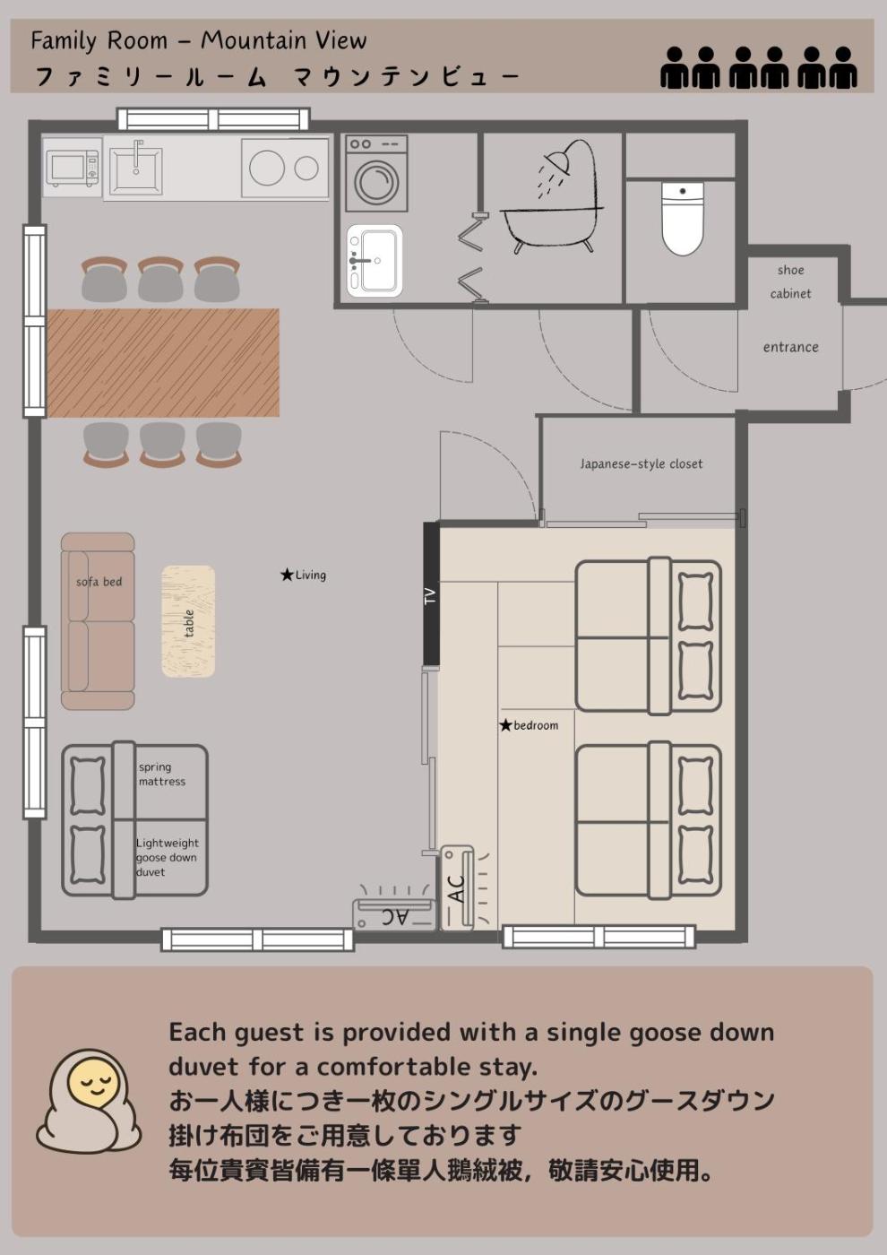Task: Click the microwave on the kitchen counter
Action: tap(73, 168)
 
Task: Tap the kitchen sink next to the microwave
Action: tap(136, 170)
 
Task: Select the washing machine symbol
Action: tap(376, 173)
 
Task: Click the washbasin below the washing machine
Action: tap(375, 261)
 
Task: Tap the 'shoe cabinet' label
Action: tap(790, 281)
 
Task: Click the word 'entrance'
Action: tap(790, 348)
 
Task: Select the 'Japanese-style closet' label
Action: tap(642, 464)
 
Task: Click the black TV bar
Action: tap(431, 593)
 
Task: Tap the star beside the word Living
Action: tap(288, 575)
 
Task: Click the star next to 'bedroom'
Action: tap(505, 725)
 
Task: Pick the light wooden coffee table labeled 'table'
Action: tap(188, 620)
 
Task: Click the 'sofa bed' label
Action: tap(99, 582)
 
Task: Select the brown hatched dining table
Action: tap(163, 362)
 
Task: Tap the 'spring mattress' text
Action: tap(162, 774)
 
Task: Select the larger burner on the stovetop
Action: tap(267, 169)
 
